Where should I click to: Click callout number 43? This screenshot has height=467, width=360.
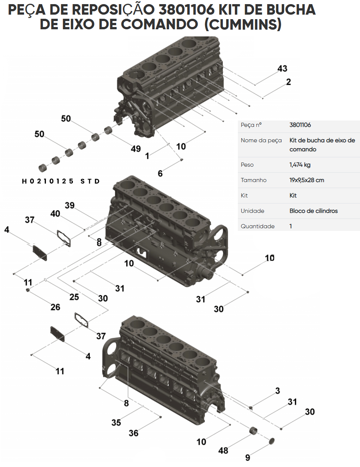(x=282, y=69)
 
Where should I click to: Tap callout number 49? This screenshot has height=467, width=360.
(x=136, y=149)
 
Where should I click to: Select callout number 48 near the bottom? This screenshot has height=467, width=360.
(x=223, y=450)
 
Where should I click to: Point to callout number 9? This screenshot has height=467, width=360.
(x=248, y=458)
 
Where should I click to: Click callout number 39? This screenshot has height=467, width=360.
(x=70, y=205)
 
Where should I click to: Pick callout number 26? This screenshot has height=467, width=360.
(x=55, y=307)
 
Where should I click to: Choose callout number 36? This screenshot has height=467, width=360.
(x=133, y=433)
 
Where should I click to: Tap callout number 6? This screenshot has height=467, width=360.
(x=160, y=173)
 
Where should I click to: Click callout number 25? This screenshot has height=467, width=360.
(x=74, y=297)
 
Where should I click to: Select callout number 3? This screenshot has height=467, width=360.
(x=277, y=391)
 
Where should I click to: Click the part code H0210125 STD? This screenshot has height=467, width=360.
(x=61, y=181)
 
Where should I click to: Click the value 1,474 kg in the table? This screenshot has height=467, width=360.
(x=300, y=165)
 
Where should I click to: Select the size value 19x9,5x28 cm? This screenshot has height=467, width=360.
(x=307, y=180)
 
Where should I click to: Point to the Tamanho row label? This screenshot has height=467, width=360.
(x=254, y=180)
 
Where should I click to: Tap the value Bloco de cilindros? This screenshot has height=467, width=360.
(x=313, y=211)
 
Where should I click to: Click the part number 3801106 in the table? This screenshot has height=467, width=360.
(x=300, y=125)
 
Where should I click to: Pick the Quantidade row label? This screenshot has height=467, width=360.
(x=257, y=226)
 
